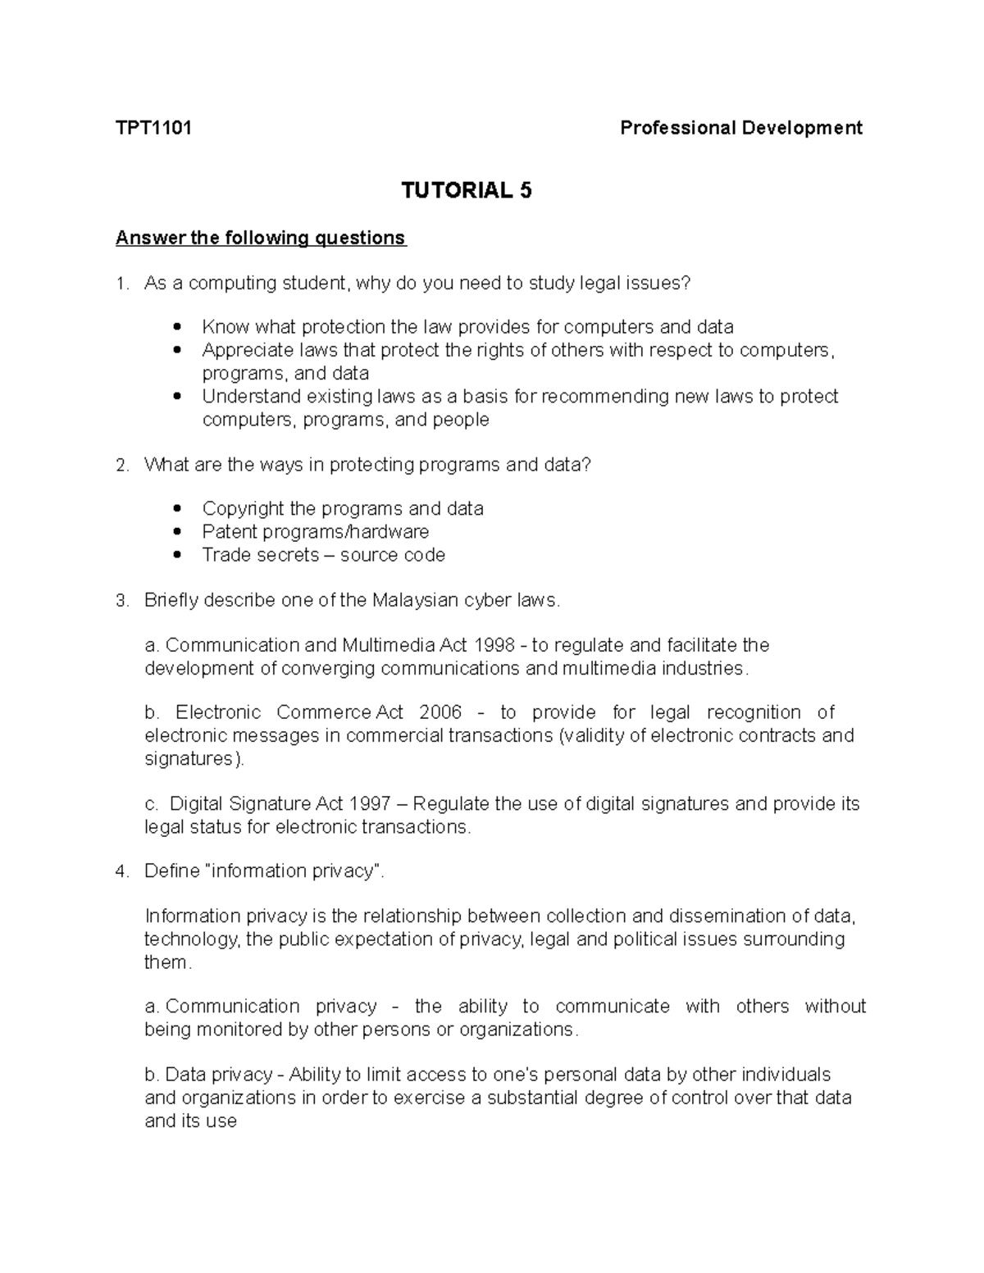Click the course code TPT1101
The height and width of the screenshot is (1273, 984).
[x=153, y=128]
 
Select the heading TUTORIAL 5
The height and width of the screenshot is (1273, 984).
[x=466, y=190]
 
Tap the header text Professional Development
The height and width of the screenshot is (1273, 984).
[x=740, y=128]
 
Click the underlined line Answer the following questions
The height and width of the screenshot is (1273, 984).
[x=261, y=238]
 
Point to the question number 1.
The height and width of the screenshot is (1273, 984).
[x=121, y=284]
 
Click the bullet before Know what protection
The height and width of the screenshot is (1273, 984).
[x=178, y=327]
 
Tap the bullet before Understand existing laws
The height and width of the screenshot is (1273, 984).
[x=178, y=397]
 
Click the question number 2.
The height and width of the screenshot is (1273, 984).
[x=121, y=465]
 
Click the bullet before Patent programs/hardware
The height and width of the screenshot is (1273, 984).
[x=178, y=532]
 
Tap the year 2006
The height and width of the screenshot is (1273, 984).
[x=440, y=712]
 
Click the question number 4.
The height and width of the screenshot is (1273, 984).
[x=121, y=871]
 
